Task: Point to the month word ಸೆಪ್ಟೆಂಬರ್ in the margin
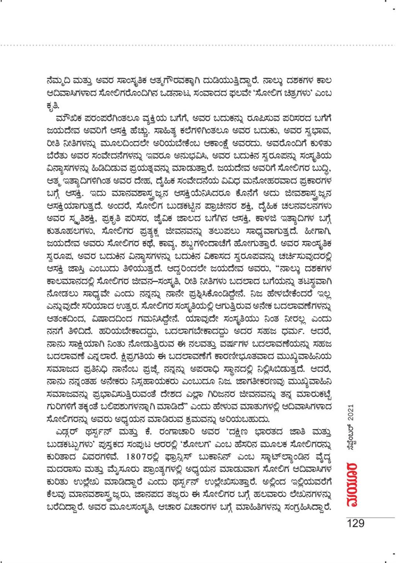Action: [x=351, y=443]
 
